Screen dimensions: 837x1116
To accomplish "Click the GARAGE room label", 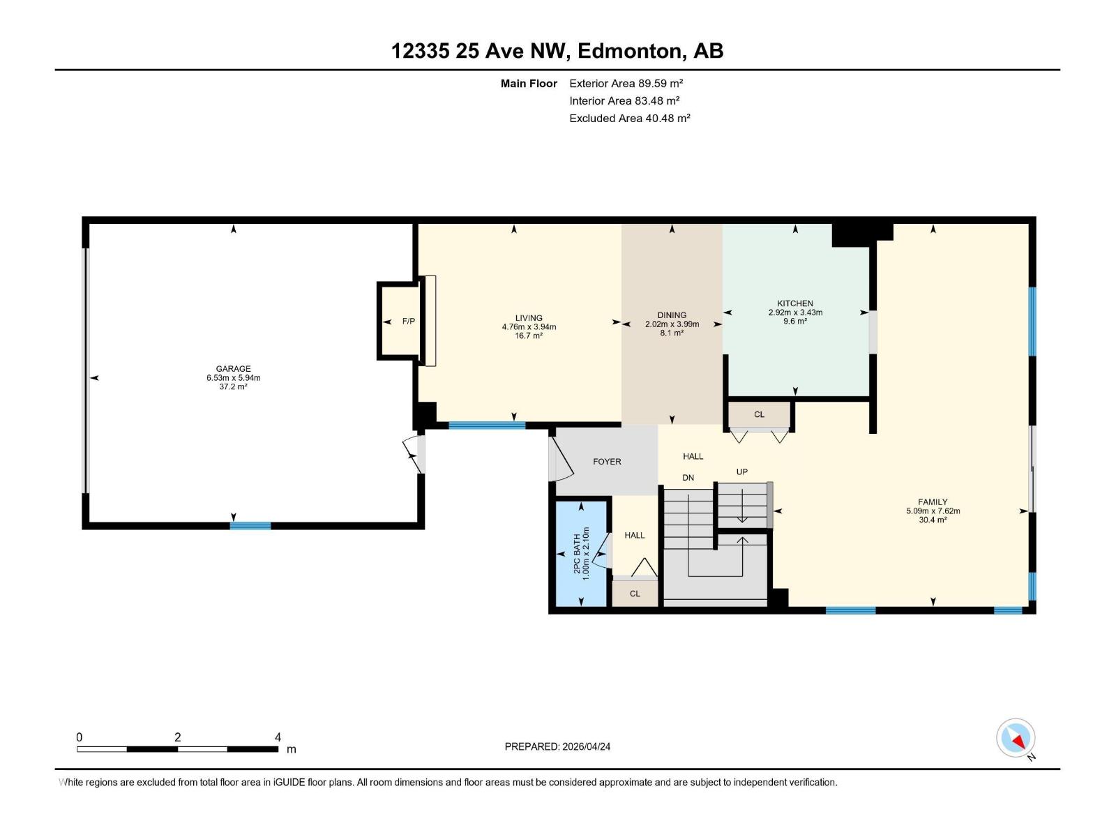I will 233,369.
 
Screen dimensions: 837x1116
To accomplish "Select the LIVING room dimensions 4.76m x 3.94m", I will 529,327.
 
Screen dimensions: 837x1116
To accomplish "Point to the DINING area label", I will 672,315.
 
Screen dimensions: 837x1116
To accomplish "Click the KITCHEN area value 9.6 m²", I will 795,322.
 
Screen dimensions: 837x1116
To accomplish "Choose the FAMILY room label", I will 933,502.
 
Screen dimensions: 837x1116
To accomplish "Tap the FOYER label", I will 607,462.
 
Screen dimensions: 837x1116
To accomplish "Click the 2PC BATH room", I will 581,553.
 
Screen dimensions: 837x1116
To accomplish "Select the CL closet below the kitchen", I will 759,414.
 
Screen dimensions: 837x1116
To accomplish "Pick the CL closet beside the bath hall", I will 635,594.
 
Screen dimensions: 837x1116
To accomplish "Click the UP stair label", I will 742,472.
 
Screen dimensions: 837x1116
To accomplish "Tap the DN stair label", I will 688,478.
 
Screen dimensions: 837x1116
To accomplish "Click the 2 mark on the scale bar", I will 178,737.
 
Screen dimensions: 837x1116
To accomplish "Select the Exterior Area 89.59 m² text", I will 626,83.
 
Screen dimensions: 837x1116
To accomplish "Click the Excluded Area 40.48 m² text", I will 629,119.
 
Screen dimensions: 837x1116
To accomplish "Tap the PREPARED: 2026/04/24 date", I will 557,746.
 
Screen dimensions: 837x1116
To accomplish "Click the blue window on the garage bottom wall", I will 250,526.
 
